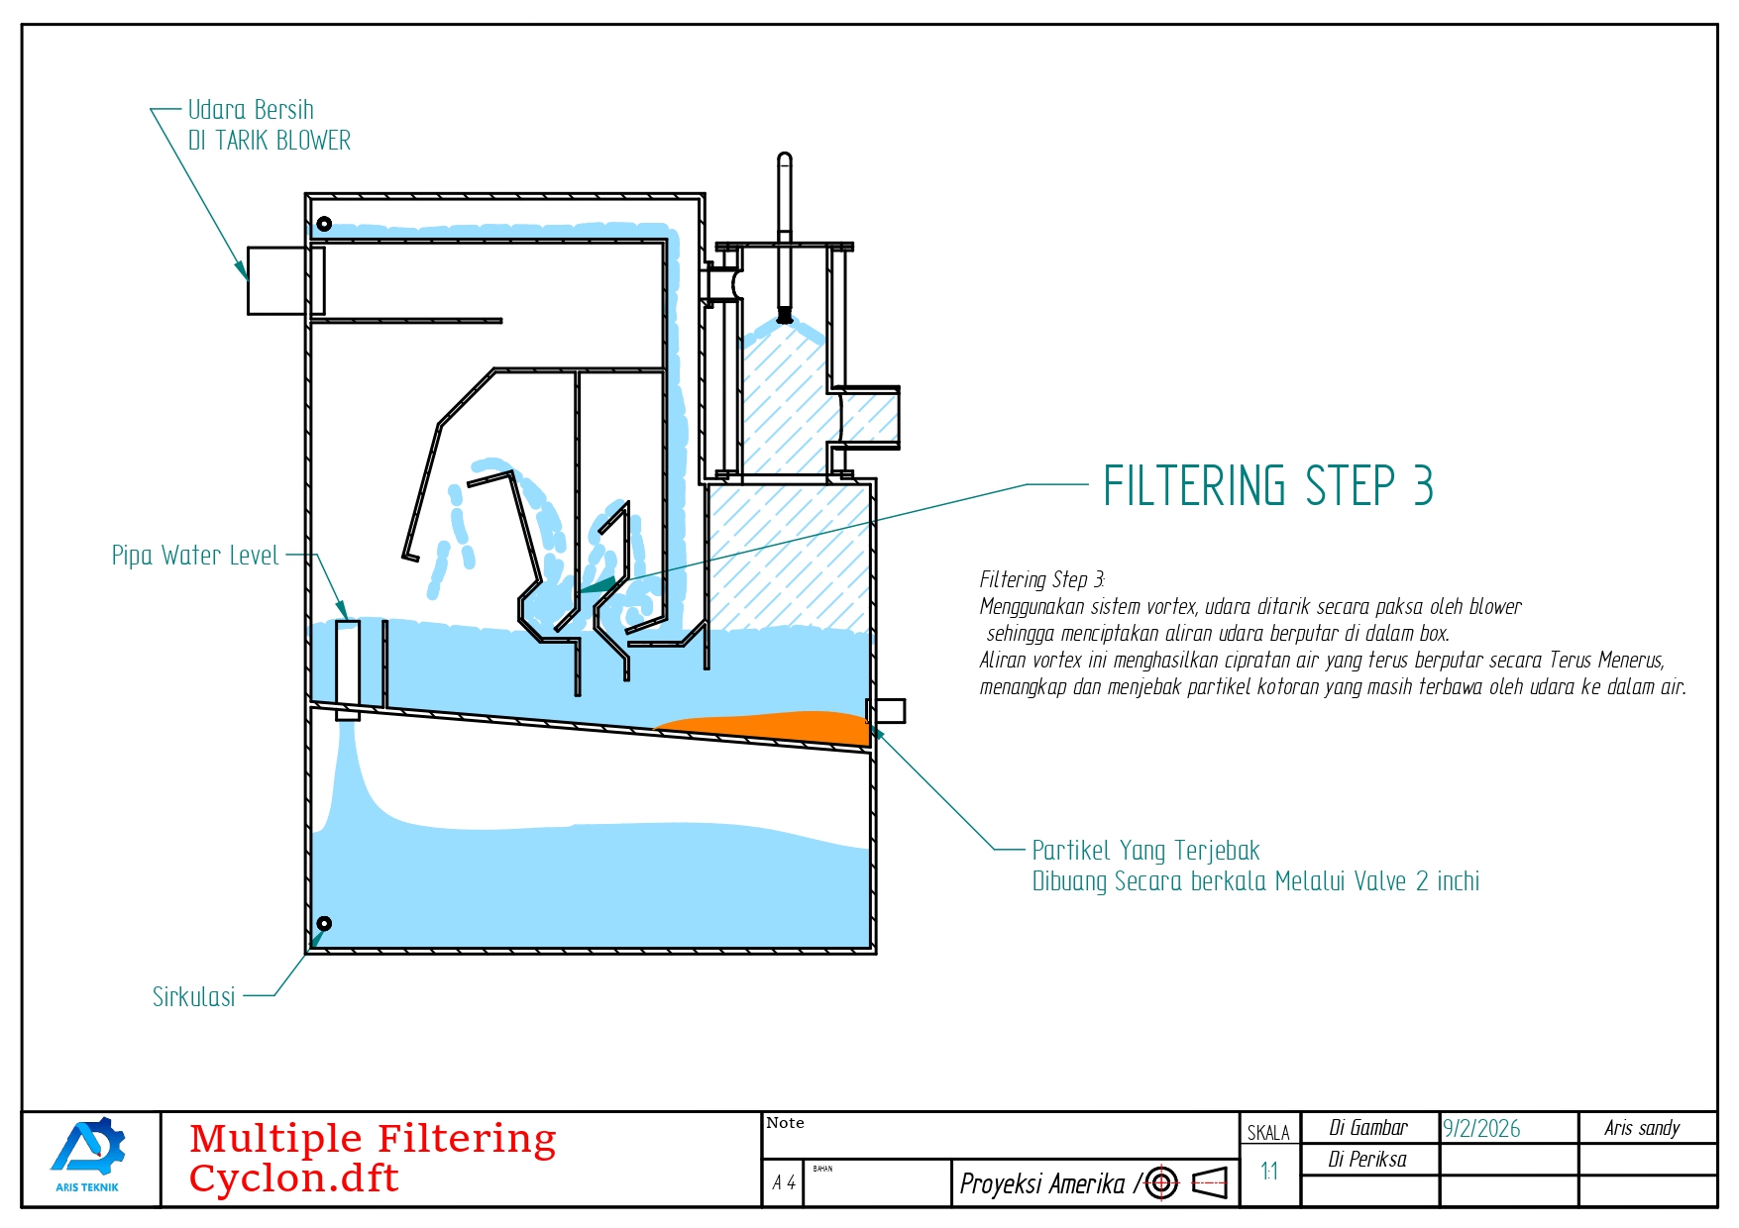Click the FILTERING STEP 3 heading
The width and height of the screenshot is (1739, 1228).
[x=1268, y=485]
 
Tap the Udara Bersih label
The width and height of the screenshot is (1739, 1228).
[x=251, y=109]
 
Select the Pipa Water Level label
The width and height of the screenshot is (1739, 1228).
[x=195, y=556]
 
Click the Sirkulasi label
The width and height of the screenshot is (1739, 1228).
[x=194, y=996]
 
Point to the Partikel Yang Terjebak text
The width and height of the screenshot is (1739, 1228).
[x=1145, y=851]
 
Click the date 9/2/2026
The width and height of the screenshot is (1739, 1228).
[x=1481, y=1129]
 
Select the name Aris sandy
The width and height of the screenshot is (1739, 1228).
[x=1642, y=1128]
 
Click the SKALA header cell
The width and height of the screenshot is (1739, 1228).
[x=1268, y=1133]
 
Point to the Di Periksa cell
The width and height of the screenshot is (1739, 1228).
[x=1367, y=1160]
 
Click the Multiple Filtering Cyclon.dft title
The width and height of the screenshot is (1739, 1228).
[x=373, y=1158]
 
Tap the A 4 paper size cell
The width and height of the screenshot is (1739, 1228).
[x=784, y=1182]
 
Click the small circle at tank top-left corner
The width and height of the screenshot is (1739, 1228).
[x=324, y=224]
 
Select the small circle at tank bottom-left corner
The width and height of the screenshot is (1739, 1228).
[x=324, y=924]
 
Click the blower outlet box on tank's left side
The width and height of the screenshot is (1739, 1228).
[x=278, y=280]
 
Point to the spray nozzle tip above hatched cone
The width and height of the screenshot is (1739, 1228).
[x=785, y=317]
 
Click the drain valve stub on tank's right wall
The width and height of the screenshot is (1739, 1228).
[x=887, y=710]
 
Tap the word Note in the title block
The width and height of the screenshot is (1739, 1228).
[x=785, y=1123]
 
